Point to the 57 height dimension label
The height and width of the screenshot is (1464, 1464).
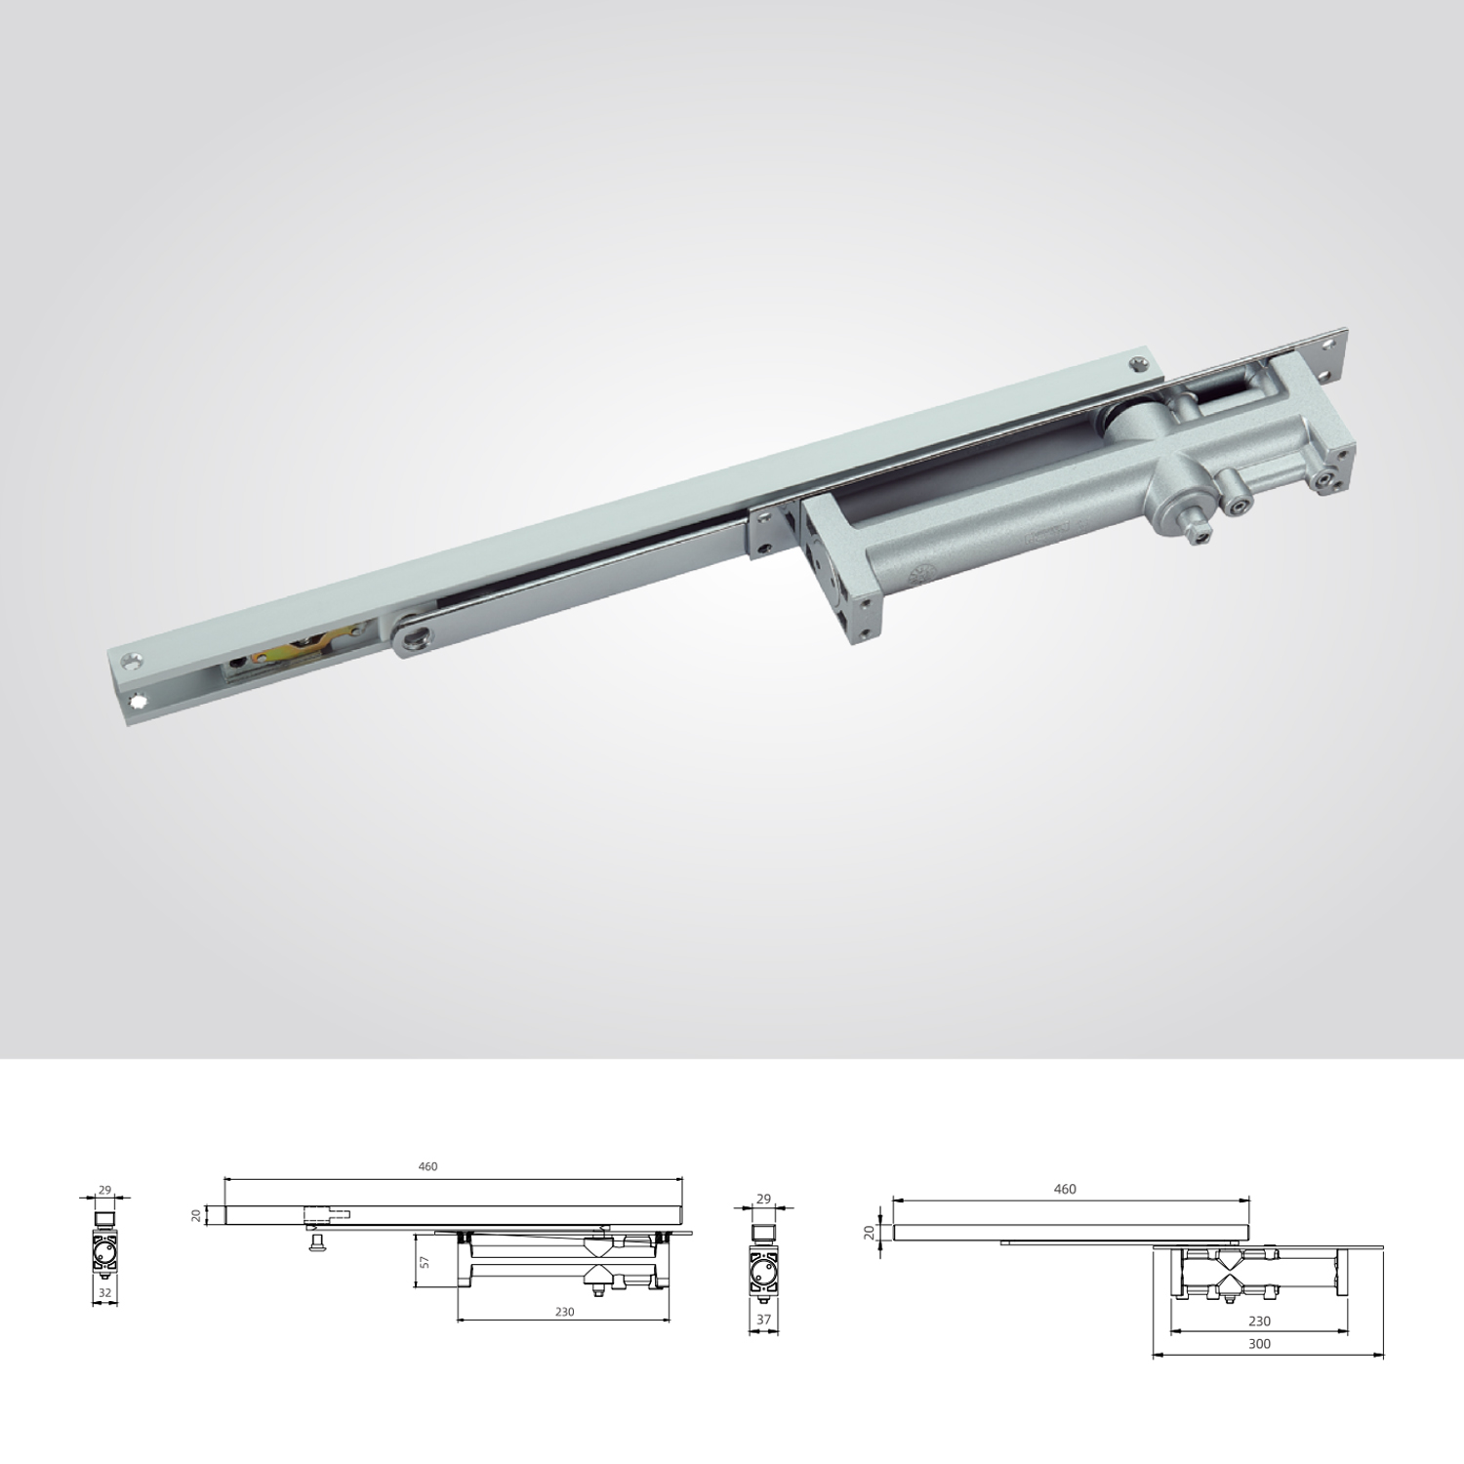(x=424, y=1262)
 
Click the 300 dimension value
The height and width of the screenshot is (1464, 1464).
(x=1259, y=1343)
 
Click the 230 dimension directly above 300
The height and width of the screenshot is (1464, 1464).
(x=1259, y=1321)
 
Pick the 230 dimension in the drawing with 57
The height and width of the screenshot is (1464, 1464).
(x=564, y=1312)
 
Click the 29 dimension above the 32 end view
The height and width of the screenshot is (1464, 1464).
(x=105, y=1190)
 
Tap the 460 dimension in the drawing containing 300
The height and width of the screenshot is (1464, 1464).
(x=1065, y=1189)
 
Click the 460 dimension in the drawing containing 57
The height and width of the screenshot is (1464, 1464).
(x=427, y=1166)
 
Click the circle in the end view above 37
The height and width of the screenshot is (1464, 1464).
(x=763, y=1270)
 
